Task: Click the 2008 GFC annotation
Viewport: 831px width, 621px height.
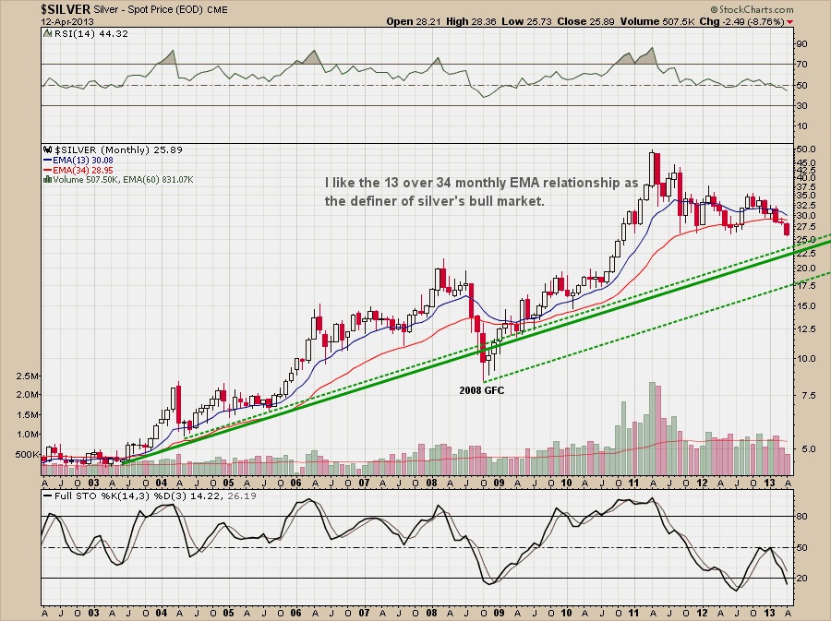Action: pyautogui.click(x=482, y=390)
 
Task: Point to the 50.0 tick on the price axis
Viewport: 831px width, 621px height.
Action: pyautogui.click(x=805, y=149)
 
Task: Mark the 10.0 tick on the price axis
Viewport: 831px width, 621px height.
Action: pyautogui.click(x=805, y=358)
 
